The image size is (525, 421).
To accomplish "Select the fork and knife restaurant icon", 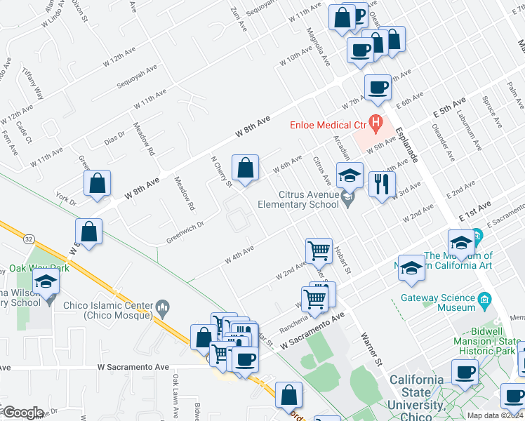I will (x=382, y=185).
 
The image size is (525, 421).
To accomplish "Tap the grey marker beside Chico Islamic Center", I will (x=163, y=307).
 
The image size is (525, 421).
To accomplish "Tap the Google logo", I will (x=23, y=413).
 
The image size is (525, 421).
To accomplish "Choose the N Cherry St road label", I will (x=222, y=172).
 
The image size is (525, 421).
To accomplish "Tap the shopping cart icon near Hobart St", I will (x=319, y=250).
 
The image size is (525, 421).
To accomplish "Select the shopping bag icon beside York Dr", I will (x=98, y=183).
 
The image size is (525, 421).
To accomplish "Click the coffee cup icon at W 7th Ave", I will (x=378, y=87).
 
